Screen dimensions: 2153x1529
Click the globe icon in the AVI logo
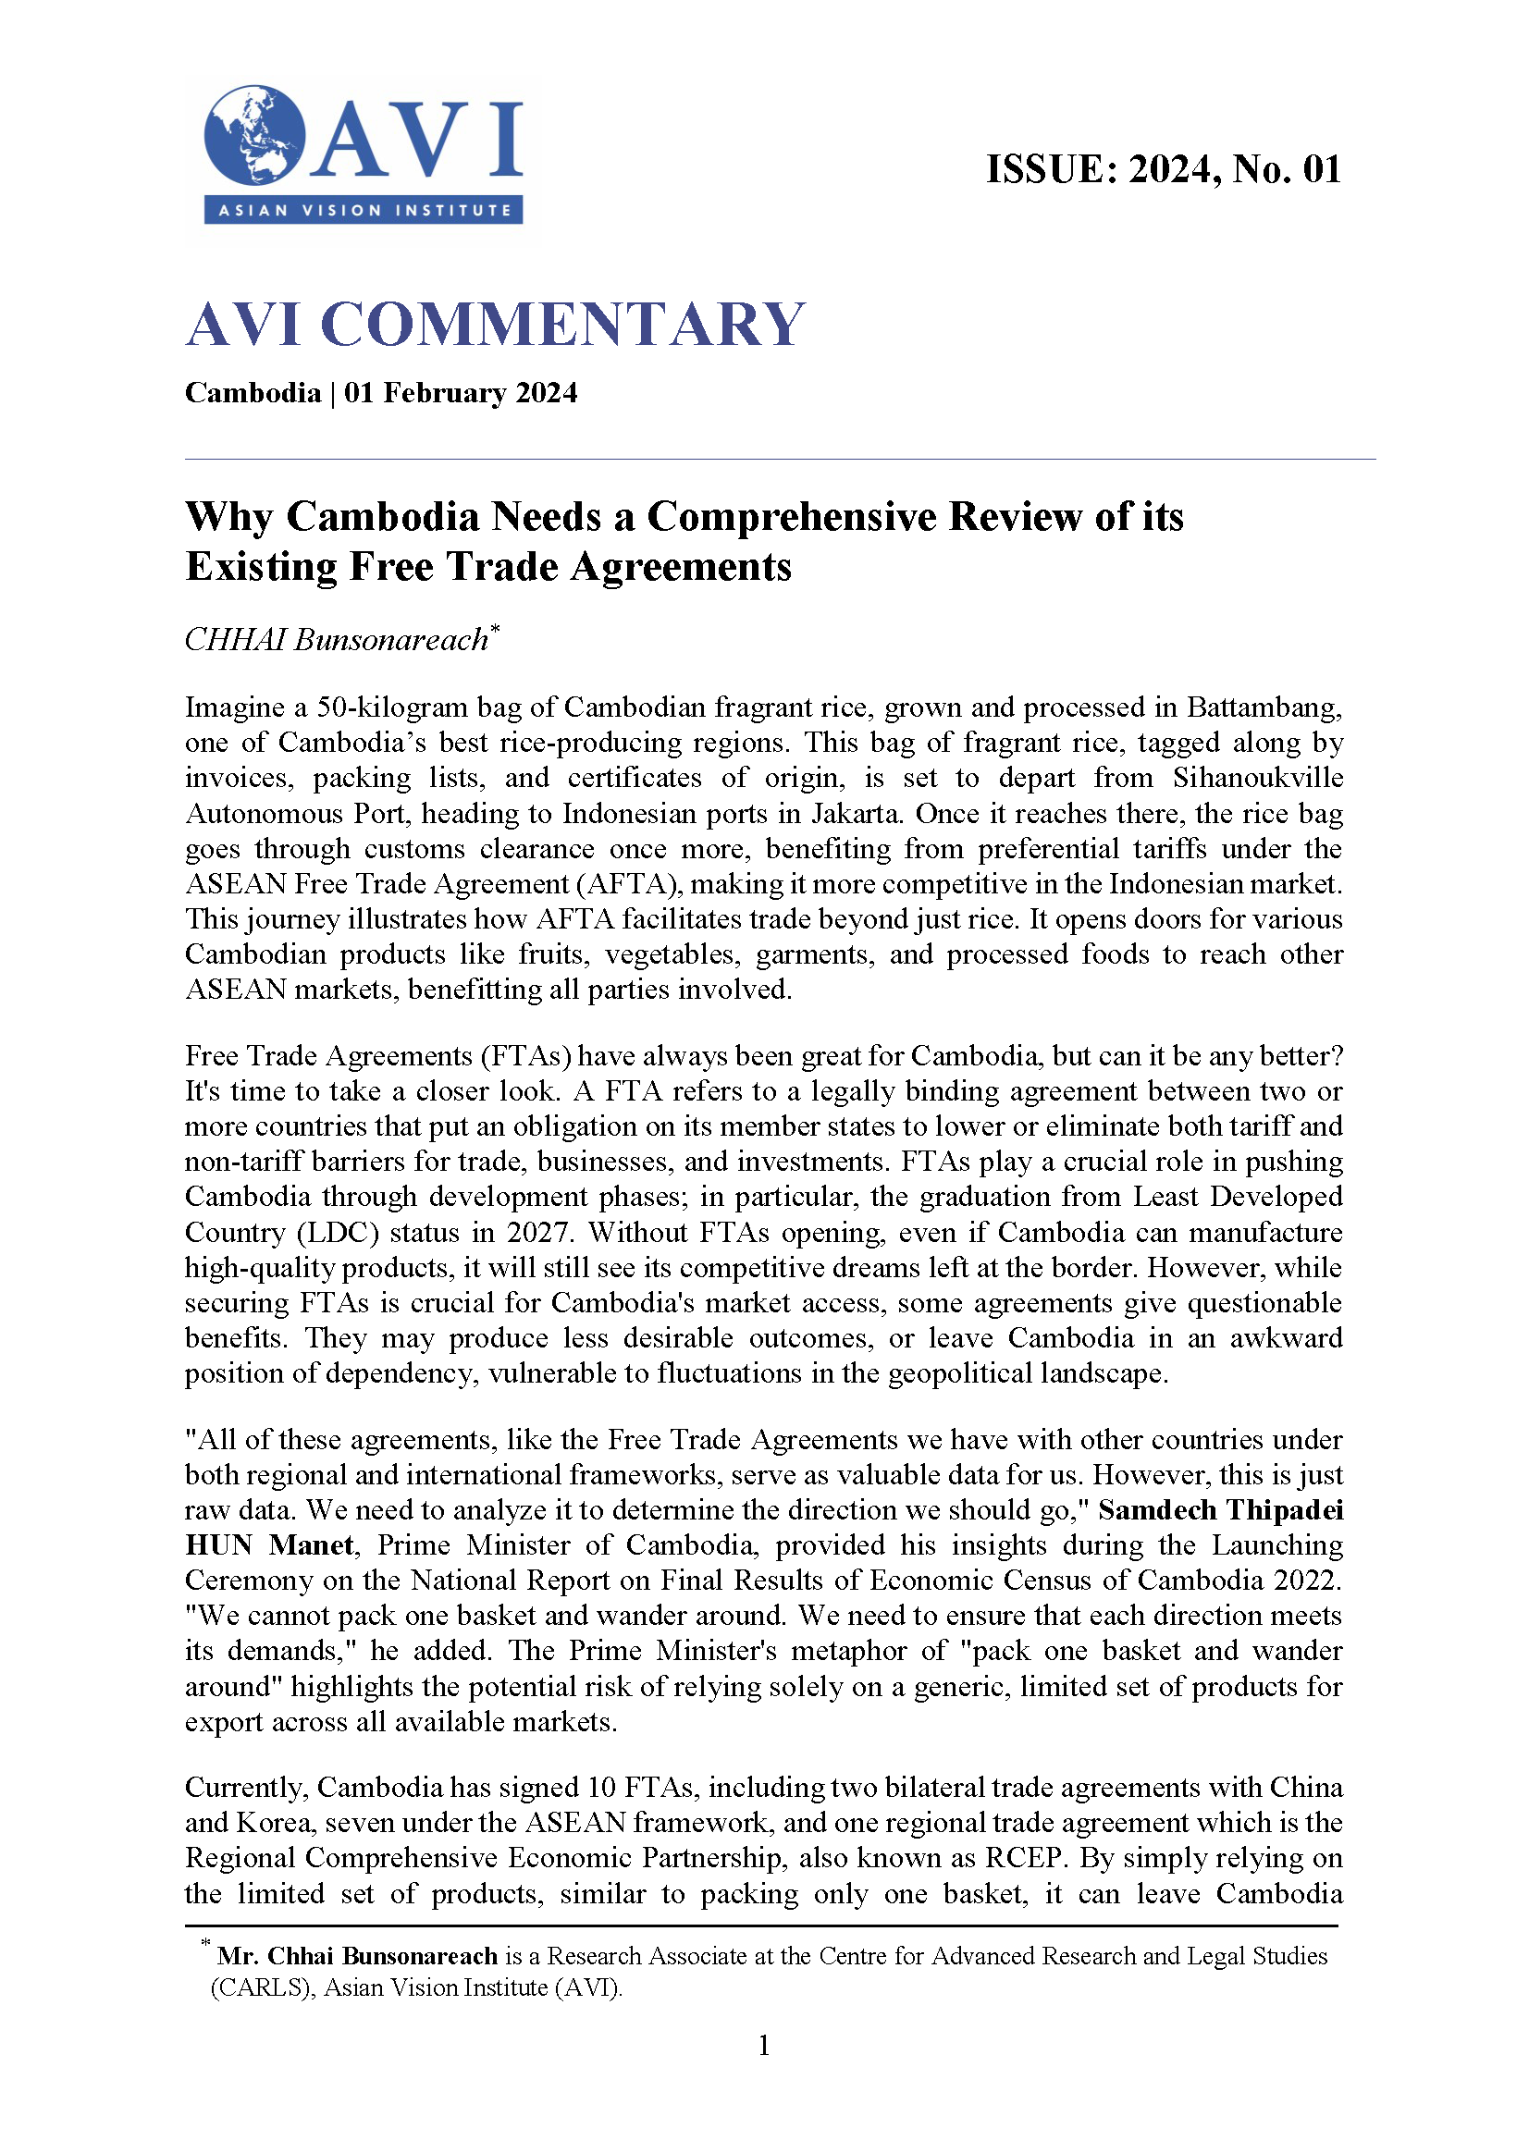pyautogui.click(x=254, y=135)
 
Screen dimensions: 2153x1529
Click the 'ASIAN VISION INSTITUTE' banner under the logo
pyautogui.click(x=364, y=210)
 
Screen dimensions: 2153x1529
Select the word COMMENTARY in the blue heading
pyautogui.click(x=562, y=325)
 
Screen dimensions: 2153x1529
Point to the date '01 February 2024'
pyautogui.click(x=461, y=392)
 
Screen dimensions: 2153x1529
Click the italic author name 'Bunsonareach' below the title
pyautogui.click(x=390, y=640)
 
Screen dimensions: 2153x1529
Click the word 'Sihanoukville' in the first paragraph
pyautogui.click(x=1257, y=778)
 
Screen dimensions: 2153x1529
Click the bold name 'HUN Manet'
pyautogui.click(x=269, y=1545)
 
